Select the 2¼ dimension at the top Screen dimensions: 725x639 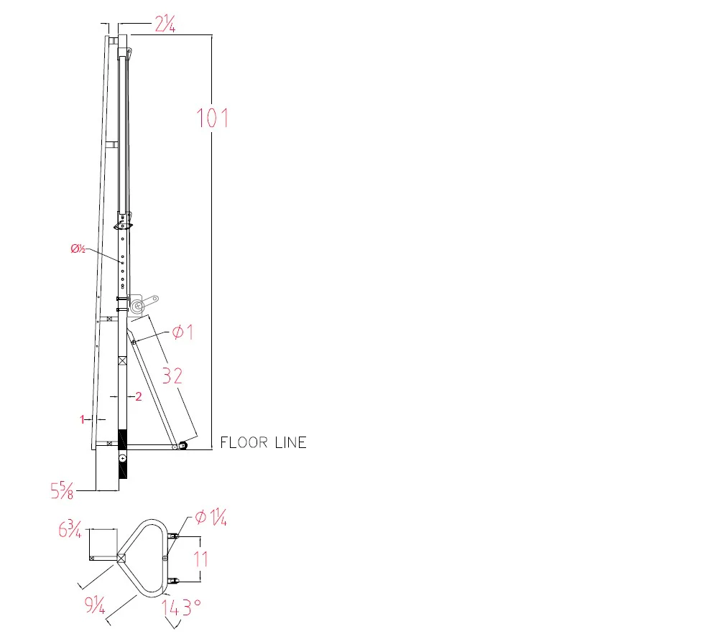coord(165,24)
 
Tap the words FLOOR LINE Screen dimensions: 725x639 coord(263,443)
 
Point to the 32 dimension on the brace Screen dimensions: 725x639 coord(172,376)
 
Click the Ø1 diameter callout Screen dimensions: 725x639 coord(183,332)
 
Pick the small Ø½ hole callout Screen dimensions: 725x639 coord(78,249)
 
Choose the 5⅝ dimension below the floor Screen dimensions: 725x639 coord(62,490)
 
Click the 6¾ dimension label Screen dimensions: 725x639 coord(70,529)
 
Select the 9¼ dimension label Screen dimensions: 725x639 coord(94,605)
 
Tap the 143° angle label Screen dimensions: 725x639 coord(181,607)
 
